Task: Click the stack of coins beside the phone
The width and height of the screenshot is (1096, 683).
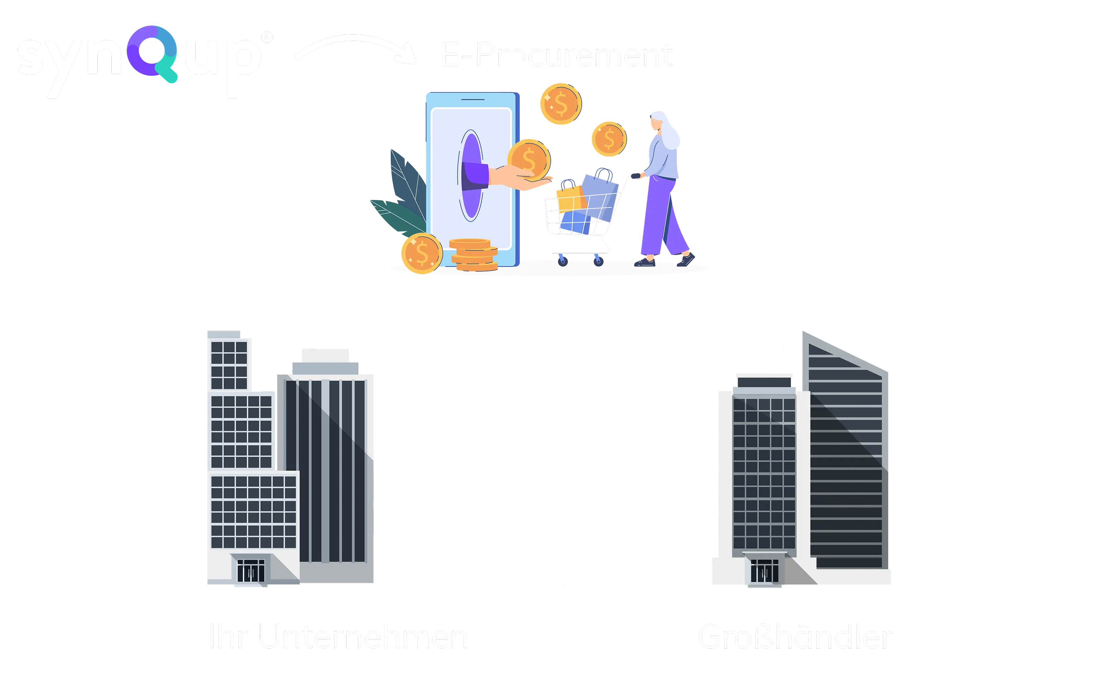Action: [473, 255]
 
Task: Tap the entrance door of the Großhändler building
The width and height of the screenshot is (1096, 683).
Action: [764, 571]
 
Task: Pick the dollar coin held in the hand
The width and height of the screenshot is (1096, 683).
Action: [529, 159]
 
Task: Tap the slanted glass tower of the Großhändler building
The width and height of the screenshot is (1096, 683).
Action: [845, 452]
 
